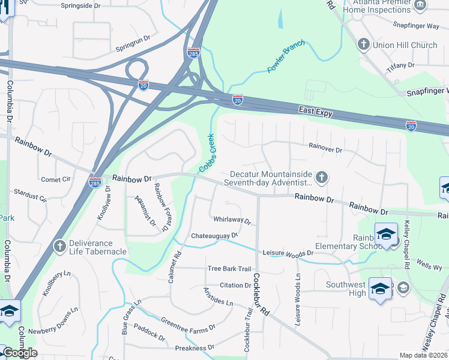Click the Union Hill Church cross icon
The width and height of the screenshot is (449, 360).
363,44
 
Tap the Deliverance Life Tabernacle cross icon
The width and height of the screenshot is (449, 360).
59,246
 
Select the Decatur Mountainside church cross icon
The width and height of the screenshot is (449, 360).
322,177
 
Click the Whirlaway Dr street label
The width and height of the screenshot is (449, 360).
231,221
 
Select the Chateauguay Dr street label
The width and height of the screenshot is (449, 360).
214,236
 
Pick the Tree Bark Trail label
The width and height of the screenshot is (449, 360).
229,269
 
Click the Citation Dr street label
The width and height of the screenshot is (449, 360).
235,285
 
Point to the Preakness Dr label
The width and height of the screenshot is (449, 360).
194,348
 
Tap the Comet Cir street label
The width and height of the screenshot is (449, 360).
56,179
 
